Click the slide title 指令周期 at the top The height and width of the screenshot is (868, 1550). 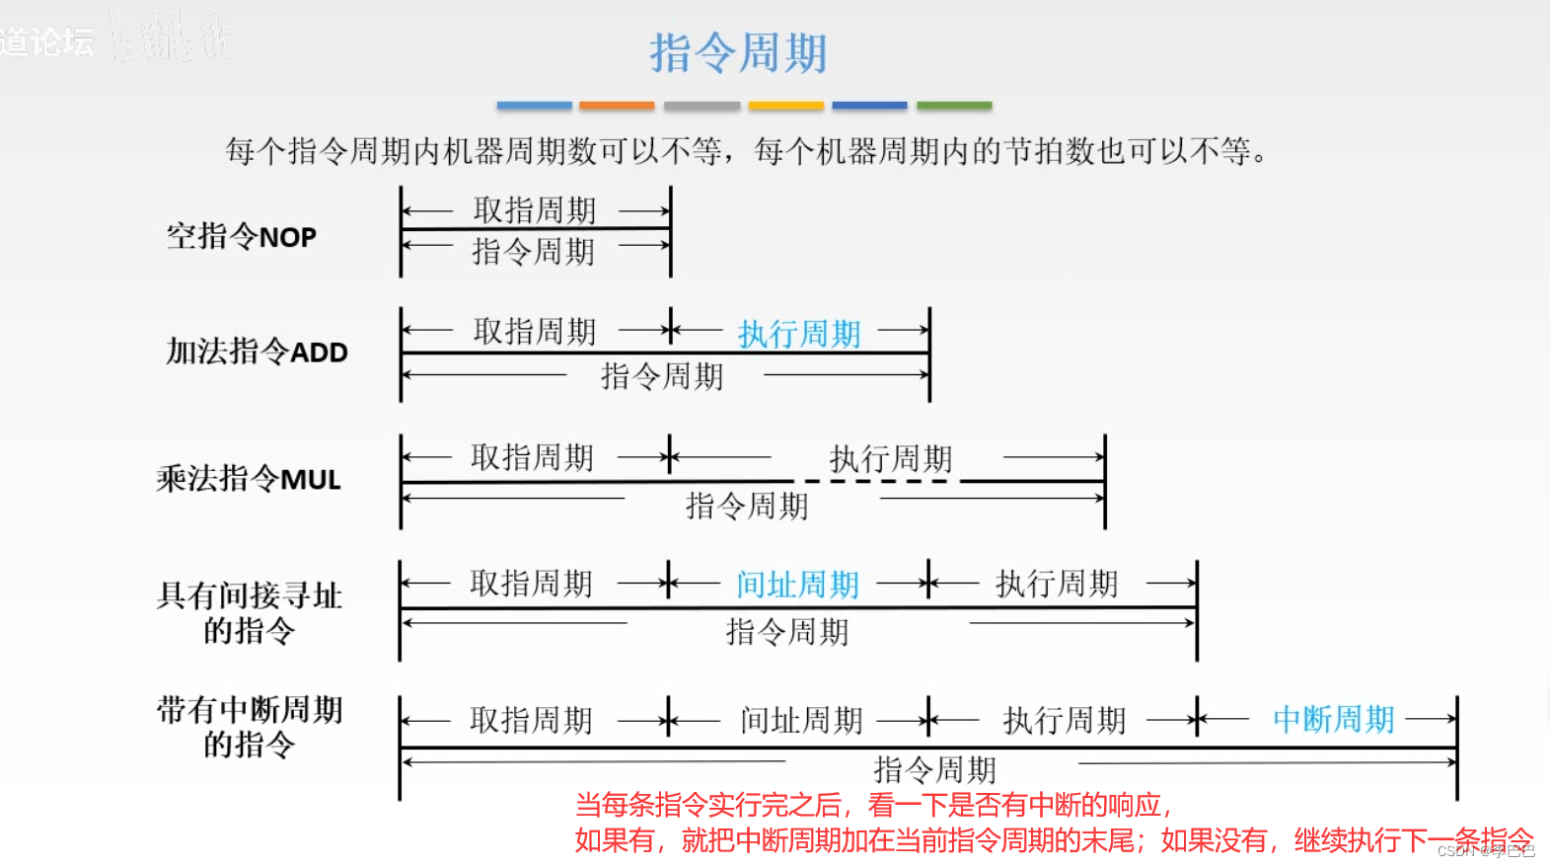(x=738, y=53)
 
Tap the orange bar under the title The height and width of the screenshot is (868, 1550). (x=617, y=105)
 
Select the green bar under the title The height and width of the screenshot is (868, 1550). (x=954, y=105)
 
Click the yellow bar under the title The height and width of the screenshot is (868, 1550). (x=785, y=105)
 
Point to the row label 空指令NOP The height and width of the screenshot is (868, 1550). (x=242, y=237)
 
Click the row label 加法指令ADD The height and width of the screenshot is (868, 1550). (x=257, y=352)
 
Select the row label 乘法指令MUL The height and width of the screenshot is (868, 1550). (x=249, y=479)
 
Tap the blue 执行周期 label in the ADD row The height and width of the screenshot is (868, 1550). (x=799, y=334)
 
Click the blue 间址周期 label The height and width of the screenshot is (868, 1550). (x=797, y=585)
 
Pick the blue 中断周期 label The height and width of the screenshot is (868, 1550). (x=1333, y=719)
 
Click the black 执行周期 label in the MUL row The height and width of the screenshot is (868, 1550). (x=890, y=458)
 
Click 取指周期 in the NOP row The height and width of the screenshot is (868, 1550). (x=535, y=210)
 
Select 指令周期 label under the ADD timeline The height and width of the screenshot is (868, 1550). (x=662, y=376)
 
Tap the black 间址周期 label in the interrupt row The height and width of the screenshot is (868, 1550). (x=801, y=720)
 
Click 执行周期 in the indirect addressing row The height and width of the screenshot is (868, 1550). (x=1057, y=584)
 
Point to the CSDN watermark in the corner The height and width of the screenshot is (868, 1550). (x=1486, y=851)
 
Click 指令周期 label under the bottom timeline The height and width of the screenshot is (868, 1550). (x=934, y=769)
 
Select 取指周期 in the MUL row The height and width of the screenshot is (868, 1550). (x=532, y=457)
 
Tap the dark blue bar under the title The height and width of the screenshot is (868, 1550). (x=869, y=105)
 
